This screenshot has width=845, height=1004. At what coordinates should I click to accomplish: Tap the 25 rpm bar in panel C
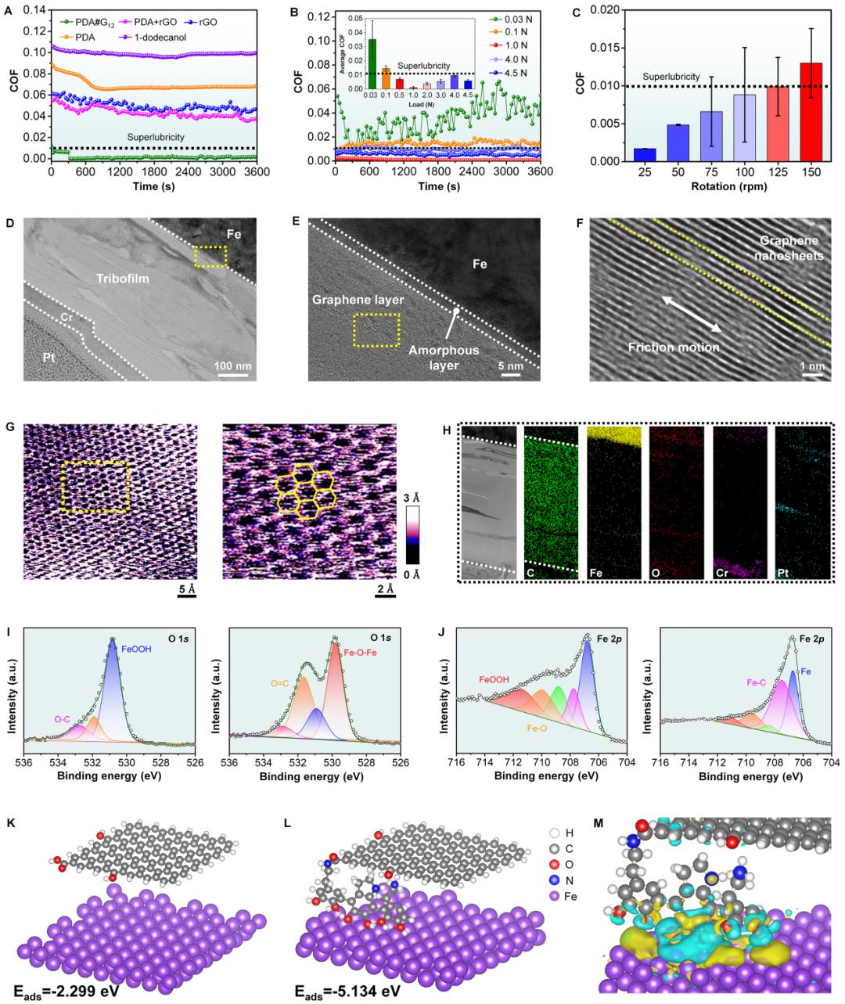623,154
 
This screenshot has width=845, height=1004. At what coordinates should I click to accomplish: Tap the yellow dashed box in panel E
376,329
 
